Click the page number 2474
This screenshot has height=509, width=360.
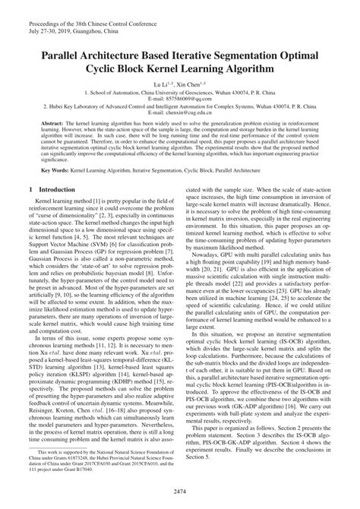[x=180, y=492]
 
